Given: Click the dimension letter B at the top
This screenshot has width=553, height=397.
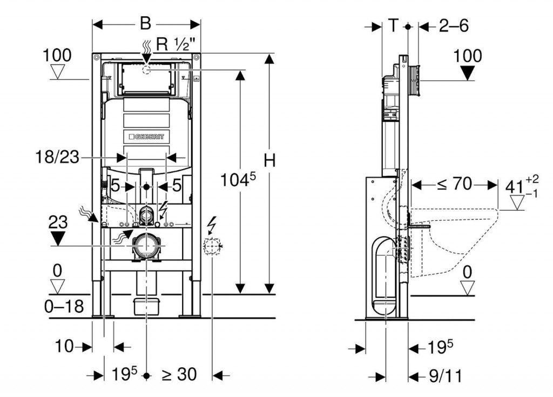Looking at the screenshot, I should point(146,23).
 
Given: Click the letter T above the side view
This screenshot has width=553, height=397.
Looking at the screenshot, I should point(394,25).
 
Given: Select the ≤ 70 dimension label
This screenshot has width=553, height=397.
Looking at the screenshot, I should point(454,185).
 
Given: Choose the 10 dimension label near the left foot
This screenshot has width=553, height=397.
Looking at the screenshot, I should point(64,346).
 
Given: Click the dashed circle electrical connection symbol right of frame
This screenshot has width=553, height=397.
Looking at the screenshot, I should point(212,246).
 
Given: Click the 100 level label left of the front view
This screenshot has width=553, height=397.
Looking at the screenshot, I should point(57,55).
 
